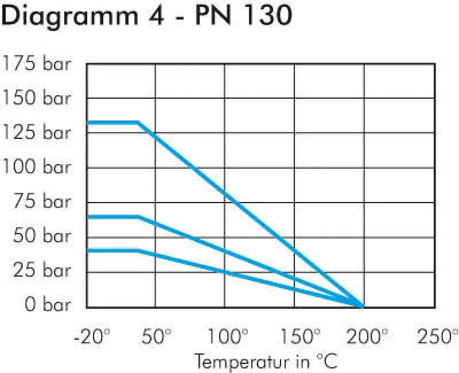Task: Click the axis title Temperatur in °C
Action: point(266,362)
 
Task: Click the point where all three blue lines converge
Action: point(363,306)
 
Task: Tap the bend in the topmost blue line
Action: point(138,122)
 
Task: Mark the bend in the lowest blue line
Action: point(138,250)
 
